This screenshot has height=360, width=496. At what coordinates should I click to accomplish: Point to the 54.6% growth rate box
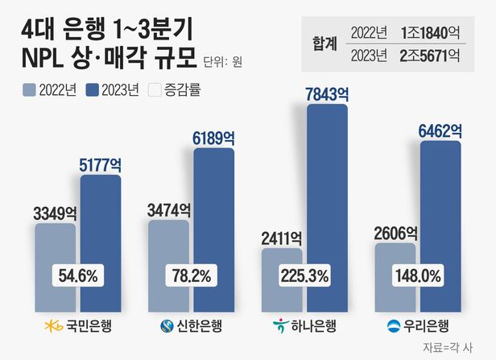click(x=78, y=275)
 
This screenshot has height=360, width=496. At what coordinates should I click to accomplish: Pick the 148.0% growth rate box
click(x=416, y=275)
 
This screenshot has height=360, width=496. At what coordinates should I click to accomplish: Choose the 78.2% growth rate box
click(x=191, y=275)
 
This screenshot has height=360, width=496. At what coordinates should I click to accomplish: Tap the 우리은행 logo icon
click(x=394, y=325)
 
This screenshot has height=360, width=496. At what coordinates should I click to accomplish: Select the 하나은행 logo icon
click(x=280, y=325)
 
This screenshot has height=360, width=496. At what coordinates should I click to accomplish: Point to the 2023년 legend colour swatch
click(x=97, y=89)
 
